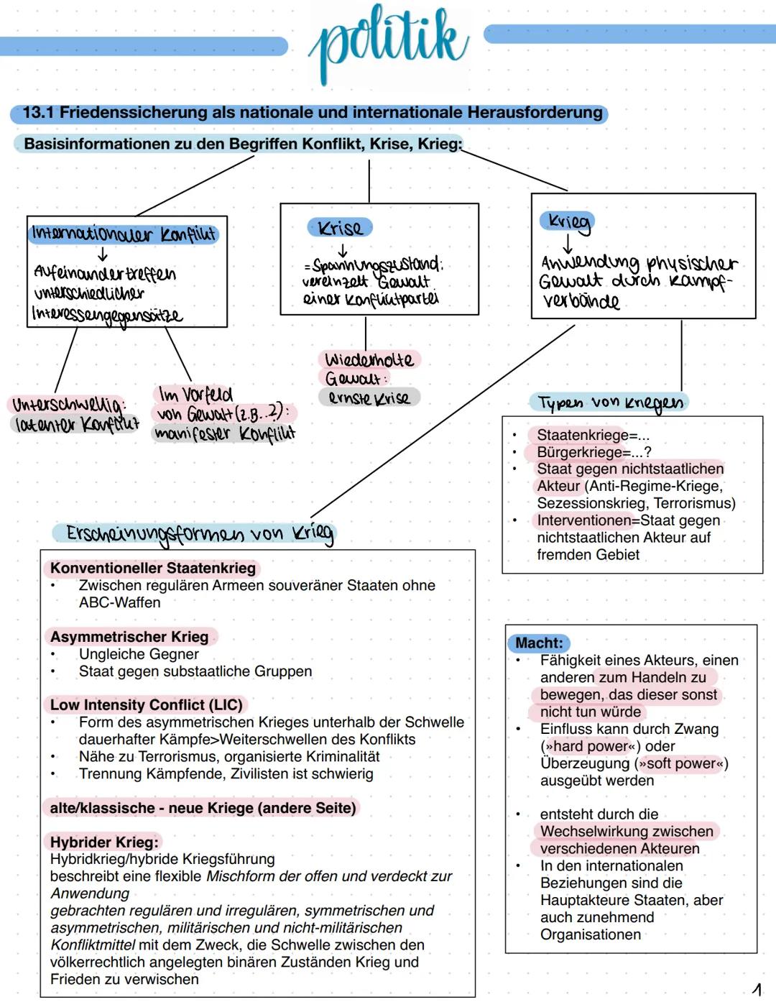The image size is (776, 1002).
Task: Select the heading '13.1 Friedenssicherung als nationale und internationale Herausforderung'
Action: (x=312, y=113)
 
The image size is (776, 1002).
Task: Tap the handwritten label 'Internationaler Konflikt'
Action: (x=123, y=234)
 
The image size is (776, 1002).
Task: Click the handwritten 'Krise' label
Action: (x=340, y=228)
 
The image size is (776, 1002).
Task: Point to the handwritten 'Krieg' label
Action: (x=568, y=221)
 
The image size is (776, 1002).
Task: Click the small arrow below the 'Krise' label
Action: (x=343, y=250)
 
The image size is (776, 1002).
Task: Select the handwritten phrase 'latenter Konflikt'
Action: (x=76, y=424)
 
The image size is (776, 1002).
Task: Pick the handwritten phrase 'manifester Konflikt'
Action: (x=224, y=433)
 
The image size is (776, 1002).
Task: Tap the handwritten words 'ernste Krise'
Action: (x=369, y=397)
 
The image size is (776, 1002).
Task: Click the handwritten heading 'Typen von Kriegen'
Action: (x=609, y=403)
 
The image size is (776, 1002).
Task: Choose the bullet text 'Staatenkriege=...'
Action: (x=593, y=435)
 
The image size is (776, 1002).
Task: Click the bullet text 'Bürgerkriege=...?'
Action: (x=594, y=452)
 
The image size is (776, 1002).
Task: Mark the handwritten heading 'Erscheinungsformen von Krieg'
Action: (x=199, y=533)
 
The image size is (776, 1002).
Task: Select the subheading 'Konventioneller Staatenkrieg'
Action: (x=152, y=568)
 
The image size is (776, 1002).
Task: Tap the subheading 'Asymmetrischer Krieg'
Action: (x=129, y=637)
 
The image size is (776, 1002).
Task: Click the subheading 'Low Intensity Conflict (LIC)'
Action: (x=147, y=705)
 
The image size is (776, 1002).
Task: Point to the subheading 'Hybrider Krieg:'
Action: (x=103, y=842)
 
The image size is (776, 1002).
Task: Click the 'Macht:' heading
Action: (x=539, y=643)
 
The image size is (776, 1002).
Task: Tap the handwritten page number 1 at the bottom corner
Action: (x=757, y=990)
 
